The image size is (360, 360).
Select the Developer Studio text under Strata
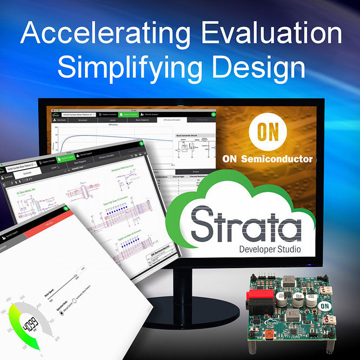tap(270, 250)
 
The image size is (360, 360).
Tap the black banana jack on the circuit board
tap(258, 314)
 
